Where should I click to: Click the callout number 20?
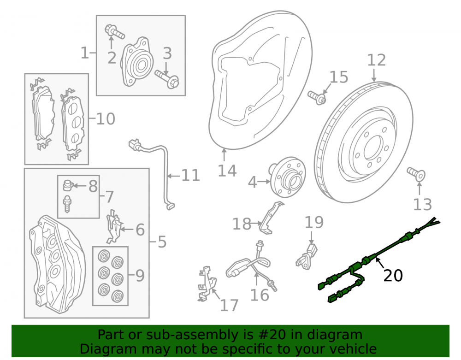point(393,276)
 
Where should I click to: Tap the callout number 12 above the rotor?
point(376,60)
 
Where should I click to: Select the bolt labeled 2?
point(115,32)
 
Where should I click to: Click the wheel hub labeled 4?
point(288,176)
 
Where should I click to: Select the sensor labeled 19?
point(307,256)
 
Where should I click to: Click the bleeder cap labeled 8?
point(68,185)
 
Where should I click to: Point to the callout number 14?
point(227,171)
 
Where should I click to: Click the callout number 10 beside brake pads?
point(106,119)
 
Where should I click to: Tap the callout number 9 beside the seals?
point(140,276)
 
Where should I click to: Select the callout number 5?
point(162,242)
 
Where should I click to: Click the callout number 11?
point(190,176)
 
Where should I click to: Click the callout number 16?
point(260,295)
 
